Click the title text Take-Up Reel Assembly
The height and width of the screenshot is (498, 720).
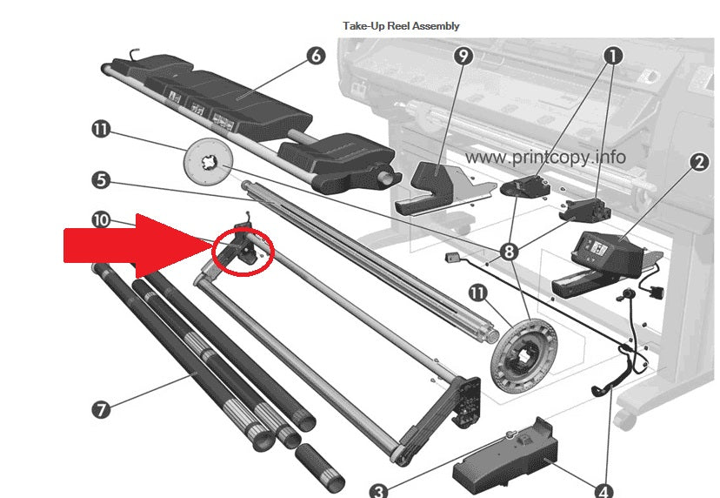point(401,26)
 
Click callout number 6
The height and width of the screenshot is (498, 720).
point(315,56)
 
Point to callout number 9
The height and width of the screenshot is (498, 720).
point(463,56)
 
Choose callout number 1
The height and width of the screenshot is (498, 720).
point(612,56)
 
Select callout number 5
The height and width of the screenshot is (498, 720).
point(101,180)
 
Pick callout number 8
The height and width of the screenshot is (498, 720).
point(509,252)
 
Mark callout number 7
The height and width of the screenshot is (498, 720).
point(101,409)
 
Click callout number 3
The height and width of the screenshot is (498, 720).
point(378,491)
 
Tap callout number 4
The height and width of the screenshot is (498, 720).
point(603,491)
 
